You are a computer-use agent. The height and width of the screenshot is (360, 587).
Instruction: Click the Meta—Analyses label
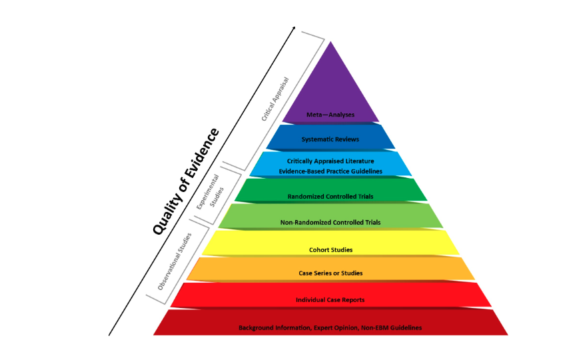(330, 115)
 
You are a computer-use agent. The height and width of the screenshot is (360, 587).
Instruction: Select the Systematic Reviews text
(330, 139)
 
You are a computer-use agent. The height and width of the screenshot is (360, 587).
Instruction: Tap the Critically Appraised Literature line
(330, 161)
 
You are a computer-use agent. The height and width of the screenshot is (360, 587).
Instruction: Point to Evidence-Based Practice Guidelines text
(330, 171)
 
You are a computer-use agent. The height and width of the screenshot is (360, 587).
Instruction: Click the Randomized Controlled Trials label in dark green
(330, 197)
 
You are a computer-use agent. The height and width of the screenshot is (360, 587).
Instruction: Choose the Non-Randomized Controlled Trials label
(330, 222)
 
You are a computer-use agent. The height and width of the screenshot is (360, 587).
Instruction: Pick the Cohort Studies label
(330, 250)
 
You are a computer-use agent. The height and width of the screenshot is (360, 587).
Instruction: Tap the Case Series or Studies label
(330, 273)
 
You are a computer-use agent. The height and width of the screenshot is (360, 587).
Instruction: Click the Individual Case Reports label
(330, 300)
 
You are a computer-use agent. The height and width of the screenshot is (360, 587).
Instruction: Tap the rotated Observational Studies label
(175, 261)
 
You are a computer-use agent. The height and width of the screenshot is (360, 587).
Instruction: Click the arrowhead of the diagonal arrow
(294, 29)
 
